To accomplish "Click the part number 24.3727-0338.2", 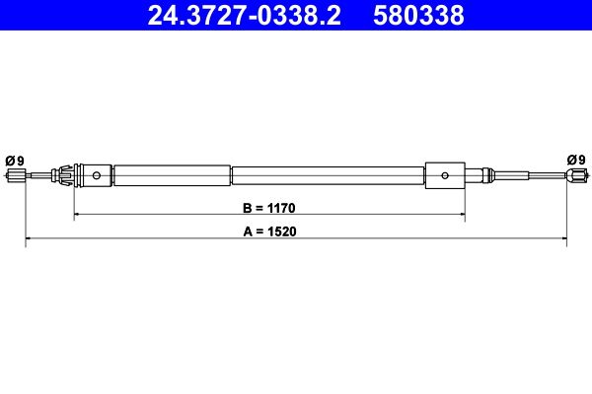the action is tap(245, 15).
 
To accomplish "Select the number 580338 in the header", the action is tap(418, 15).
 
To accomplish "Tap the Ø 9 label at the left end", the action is tap(15, 161).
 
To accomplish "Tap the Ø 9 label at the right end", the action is tap(576, 160).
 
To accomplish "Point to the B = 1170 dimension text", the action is tap(268, 208).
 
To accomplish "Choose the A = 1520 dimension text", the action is tap(269, 231).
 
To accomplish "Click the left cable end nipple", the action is tap(16, 175).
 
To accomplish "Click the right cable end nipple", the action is tap(577, 175).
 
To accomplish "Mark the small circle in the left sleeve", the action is tap(97, 175).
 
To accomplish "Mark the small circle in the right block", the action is tap(445, 175).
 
